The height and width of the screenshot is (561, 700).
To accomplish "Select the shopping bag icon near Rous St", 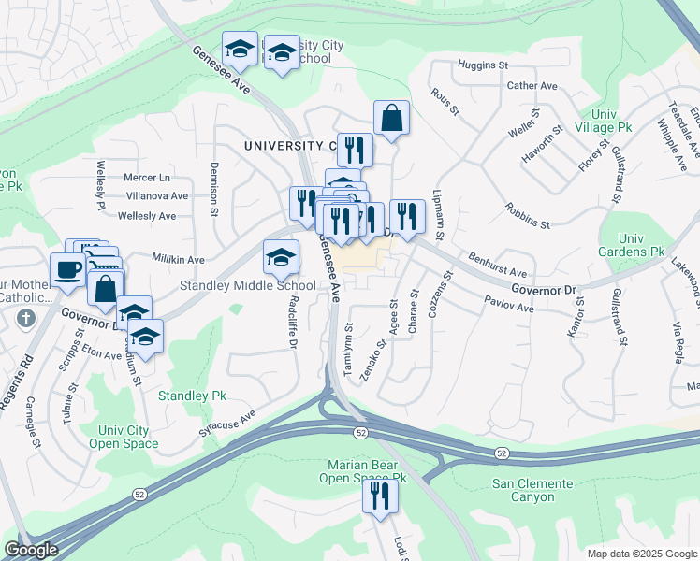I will point(391,119).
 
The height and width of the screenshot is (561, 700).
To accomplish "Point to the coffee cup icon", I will point(67,269).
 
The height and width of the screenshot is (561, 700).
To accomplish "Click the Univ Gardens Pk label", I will point(631,252).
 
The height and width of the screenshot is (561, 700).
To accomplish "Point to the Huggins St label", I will point(482,65).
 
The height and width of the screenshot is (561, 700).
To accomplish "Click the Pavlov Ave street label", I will point(509,303).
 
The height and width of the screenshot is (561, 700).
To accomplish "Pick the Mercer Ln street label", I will point(148,177).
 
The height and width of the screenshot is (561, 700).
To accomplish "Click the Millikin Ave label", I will point(178,259).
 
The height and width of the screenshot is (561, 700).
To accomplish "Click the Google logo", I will point(31,550).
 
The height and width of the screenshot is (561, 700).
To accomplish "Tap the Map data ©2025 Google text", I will point(642,554).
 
